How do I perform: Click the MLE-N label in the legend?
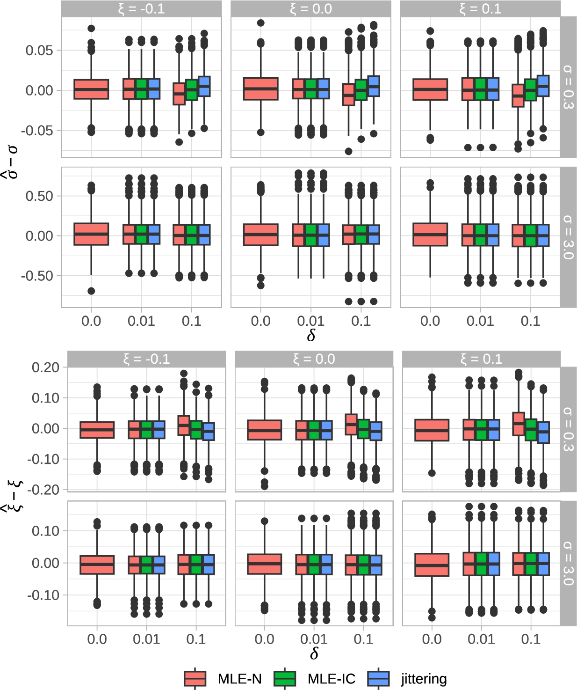coord(239,678)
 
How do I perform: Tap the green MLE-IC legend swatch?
coord(285,678)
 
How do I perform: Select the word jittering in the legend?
coord(424,678)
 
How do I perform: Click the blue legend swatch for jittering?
coord(378,678)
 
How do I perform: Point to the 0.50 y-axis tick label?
coord(39,196)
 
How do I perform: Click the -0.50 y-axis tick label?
coord(37,276)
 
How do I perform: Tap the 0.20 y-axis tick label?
coord(45,367)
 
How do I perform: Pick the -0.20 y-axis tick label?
coord(43,490)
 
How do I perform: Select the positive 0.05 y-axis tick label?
coord(39,50)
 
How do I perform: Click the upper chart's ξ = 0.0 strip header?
coord(311,9)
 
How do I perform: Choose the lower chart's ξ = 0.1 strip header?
coord(481,359)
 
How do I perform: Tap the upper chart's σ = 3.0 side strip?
coord(568,237)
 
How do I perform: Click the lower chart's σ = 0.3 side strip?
coord(568,429)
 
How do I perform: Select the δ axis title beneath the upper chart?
coord(311,335)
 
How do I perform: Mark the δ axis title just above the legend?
coord(314,653)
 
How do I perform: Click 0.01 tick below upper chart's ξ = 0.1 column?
coord(480,321)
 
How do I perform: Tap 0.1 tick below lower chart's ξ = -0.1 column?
coord(196,639)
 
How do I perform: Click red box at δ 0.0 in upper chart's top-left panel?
coord(91,89)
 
